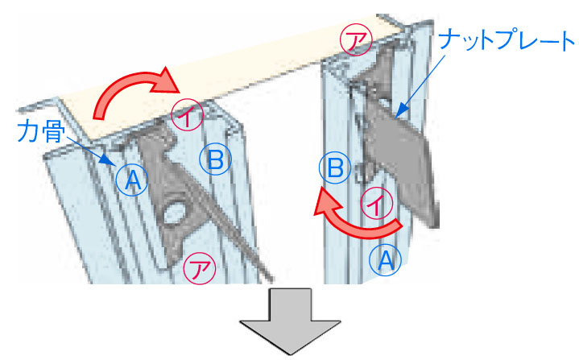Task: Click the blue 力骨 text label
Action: (x=41, y=131)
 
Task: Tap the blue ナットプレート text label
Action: (x=507, y=40)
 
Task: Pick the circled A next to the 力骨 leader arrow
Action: (x=132, y=180)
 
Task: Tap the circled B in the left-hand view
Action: (x=216, y=159)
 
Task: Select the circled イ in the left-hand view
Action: (x=187, y=115)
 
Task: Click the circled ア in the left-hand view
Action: (x=200, y=268)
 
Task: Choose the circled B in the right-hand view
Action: (x=335, y=168)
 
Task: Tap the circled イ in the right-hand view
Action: (x=377, y=204)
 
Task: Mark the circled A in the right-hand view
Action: (x=386, y=260)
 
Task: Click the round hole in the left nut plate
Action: (x=174, y=213)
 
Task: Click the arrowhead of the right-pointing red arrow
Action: (x=166, y=82)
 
